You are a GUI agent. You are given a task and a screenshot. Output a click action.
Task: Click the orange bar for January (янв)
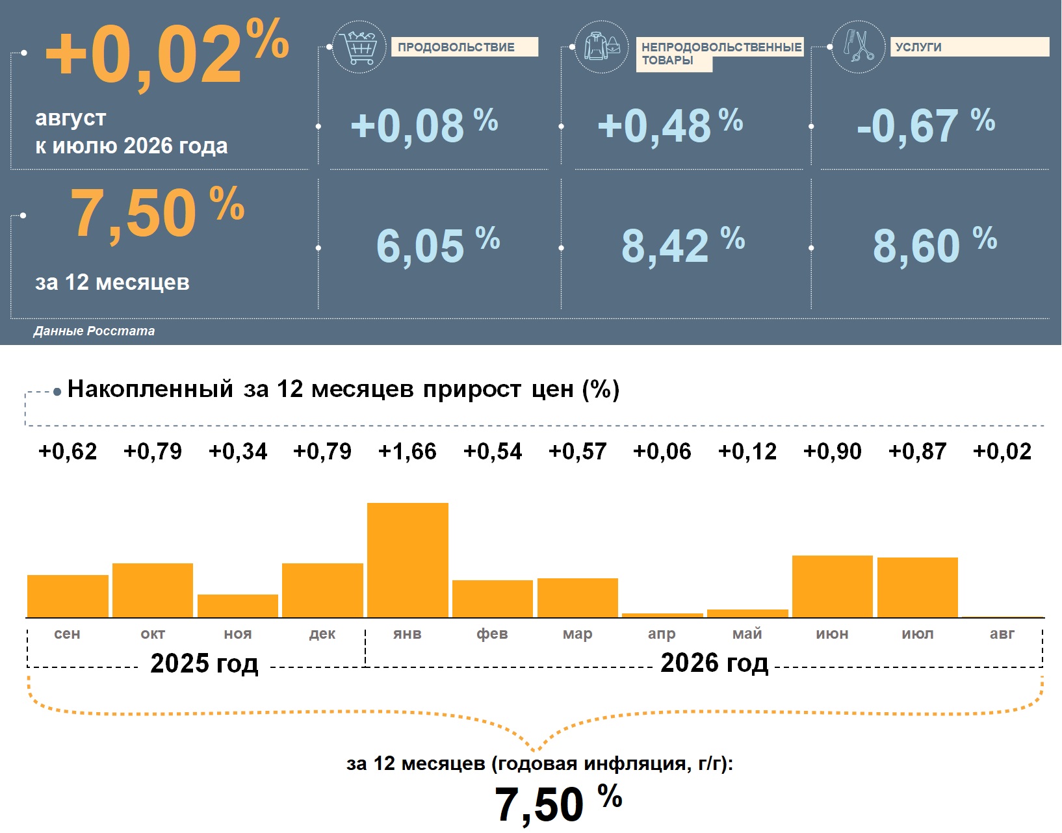[x=408, y=560]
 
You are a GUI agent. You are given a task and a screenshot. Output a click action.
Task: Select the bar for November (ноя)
[x=237, y=606]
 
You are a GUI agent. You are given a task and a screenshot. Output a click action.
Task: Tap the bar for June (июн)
[x=833, y=586]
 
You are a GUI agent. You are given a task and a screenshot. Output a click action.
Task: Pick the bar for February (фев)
[x=493, y=598]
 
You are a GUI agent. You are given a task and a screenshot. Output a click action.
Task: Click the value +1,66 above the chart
[x=407, y=451]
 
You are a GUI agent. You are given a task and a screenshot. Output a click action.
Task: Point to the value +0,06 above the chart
[x=662, y=451]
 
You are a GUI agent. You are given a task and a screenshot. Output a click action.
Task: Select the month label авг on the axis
[x=1002, y=634]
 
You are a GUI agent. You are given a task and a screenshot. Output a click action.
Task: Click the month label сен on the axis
[x=67, y=634]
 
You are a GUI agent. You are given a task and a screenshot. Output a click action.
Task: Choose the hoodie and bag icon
[x=602, y=46]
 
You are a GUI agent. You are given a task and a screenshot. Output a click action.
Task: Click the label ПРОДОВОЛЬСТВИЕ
[x=456, y=47]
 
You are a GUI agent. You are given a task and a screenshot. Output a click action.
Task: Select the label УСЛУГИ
[x=918, y=47]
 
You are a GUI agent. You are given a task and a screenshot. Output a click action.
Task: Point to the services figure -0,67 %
[x=926, y=125]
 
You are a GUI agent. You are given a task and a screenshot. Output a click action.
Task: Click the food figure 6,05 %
[x=438, y=245]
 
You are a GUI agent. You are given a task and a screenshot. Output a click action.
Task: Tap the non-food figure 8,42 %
[x=683, y=245]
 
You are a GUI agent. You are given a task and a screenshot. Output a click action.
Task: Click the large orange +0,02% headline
[x=167, y=53]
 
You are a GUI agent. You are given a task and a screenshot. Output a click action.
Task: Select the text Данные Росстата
[x=94, y=331]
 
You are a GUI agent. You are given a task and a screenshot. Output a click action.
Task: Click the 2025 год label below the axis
[x=204, y=663]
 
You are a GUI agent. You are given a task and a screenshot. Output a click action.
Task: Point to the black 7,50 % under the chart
[x=558, y=804]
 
